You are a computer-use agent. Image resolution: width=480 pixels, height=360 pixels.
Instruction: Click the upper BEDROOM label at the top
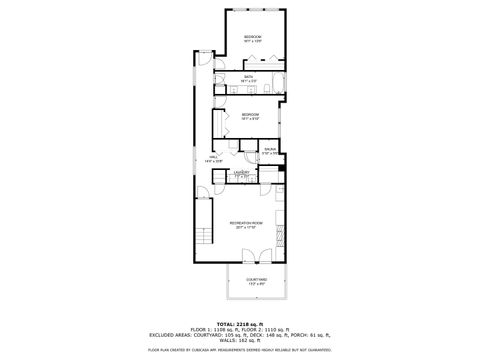(252, 37)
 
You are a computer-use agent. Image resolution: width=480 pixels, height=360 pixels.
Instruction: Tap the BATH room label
(248, 77)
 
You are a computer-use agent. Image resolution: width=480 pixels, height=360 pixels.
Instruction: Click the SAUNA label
(269, 150)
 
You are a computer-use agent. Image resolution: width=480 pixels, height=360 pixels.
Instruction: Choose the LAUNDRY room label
(241, 172)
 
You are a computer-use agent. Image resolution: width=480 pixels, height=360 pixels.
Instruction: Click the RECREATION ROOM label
(245, 222)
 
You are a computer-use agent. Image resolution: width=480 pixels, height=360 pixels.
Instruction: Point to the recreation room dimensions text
(245, 227)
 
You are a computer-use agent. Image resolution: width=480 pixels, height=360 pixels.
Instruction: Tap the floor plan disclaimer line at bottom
(240, 350)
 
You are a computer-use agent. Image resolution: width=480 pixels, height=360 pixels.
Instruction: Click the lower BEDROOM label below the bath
(250, 114)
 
